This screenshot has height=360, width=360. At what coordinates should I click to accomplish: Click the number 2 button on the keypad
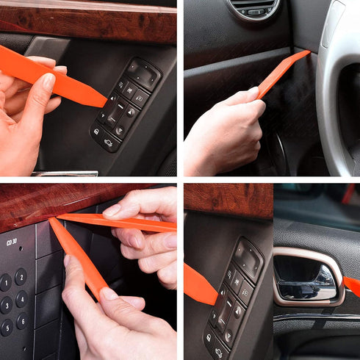[21, 276]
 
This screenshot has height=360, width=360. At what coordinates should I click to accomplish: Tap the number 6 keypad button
[21, 321]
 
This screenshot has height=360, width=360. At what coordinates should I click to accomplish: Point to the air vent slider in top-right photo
[255, 11]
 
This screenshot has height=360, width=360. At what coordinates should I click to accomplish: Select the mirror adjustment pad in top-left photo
[144, 73]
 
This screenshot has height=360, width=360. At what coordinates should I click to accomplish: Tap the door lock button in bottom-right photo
[210, 336]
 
